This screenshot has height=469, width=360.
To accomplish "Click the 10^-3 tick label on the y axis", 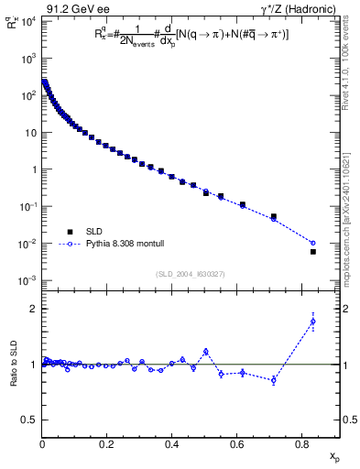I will coord(27,280).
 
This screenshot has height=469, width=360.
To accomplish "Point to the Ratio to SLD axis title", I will coord(12,364).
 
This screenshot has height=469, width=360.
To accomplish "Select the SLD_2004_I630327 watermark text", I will coord(189,273).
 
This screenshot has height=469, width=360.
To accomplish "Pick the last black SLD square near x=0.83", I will coord(312,251).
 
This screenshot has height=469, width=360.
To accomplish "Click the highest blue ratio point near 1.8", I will coord(312,322).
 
